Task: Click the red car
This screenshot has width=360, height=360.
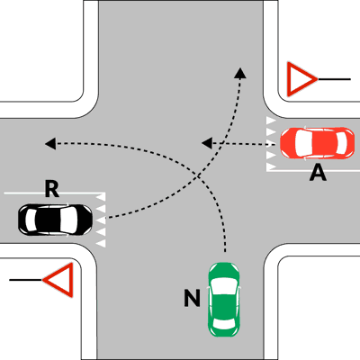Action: (x=317, y=143)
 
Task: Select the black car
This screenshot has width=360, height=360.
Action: (x=55, y=220)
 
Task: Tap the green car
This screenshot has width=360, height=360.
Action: (x=224, y=300)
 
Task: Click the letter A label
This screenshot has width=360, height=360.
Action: (x=318, y=173)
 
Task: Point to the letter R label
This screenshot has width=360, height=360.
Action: (x=52, y=189)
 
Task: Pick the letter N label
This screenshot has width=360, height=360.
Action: (x=192, y=298)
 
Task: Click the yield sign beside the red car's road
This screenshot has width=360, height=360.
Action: (x=301, y=79)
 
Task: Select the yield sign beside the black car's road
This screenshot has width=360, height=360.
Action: (x=58, y=280)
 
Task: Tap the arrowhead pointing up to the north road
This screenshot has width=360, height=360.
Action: (x=240, y=73)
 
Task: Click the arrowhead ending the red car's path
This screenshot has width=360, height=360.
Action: (x=207, y=143)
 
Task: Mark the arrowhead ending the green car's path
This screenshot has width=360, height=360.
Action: (x=50, y=144)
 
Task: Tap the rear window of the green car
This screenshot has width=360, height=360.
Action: (x=224, y=323)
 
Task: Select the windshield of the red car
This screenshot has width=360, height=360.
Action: (x=301, y=143)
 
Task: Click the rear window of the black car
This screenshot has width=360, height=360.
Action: (x=31, y=220)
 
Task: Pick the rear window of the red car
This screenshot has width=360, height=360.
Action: (x=340, y=143)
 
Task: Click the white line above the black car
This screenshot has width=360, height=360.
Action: (x=54, y=193)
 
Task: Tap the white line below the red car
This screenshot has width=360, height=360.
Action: (x=313, y=171)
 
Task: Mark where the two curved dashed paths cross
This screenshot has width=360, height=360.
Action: (x=198, y=176)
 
